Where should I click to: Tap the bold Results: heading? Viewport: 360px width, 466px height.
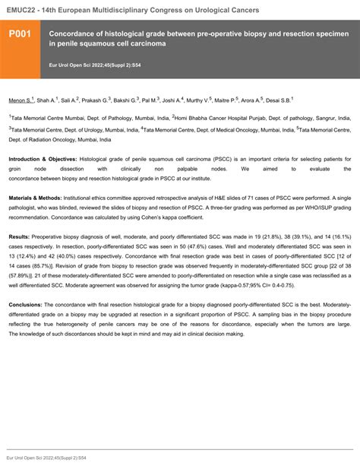[21, 237]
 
